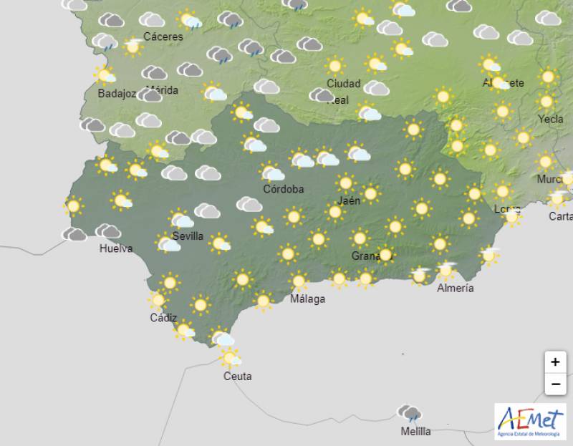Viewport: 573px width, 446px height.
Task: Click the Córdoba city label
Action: [284, 189]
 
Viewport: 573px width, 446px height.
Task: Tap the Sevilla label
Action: [188, 236]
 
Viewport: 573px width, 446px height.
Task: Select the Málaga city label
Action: [307, 299]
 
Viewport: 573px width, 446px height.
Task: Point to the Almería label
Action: [456, 288]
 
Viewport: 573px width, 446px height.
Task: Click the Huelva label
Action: [116, 248]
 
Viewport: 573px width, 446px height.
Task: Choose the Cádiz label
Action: [163, 317]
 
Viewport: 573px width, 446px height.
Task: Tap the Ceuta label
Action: [237, 376]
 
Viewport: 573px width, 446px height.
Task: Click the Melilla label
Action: [415, 431]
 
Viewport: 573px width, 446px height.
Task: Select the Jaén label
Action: [349, 200]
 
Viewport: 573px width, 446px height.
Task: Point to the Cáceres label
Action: [163, 37]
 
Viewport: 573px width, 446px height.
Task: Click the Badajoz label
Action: [117, 93]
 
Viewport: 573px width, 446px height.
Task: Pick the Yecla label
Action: [550, 119]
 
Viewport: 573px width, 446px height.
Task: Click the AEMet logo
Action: [530, 420]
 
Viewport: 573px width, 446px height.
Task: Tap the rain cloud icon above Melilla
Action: [410, 412]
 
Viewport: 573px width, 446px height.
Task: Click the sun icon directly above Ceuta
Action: [230, 357]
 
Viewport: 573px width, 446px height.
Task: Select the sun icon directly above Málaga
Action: [299, 281]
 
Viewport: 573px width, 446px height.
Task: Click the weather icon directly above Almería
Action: [446, 271]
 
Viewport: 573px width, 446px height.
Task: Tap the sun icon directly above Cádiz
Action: [158, 300]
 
